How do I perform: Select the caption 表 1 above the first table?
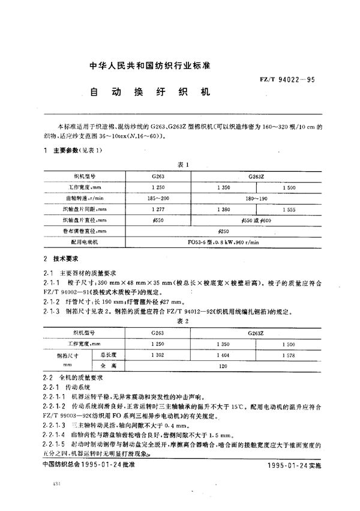tap(184, 165)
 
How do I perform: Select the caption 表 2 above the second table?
tap(184, 321)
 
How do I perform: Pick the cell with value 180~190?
tap(257, 197)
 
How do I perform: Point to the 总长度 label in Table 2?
tap(112, 354)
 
